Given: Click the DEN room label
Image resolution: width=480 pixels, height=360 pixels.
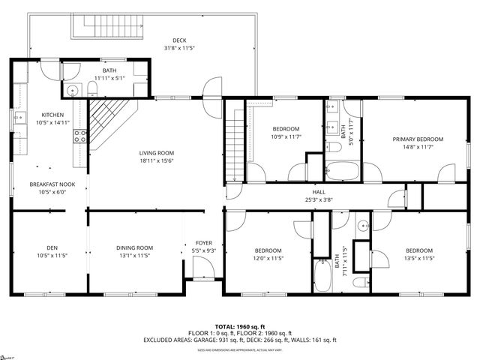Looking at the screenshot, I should tap(52, 248).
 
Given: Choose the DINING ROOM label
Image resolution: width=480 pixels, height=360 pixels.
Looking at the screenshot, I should tap(135, 248).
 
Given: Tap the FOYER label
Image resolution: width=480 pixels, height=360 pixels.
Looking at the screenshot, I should tap(203, 242).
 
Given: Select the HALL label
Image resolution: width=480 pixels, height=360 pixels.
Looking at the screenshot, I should tap(298, 192).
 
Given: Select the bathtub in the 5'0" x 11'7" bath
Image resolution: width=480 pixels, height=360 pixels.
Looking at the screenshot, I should tap(343, 171).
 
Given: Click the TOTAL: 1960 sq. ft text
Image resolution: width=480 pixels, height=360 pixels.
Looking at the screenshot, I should tap(239, 327).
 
